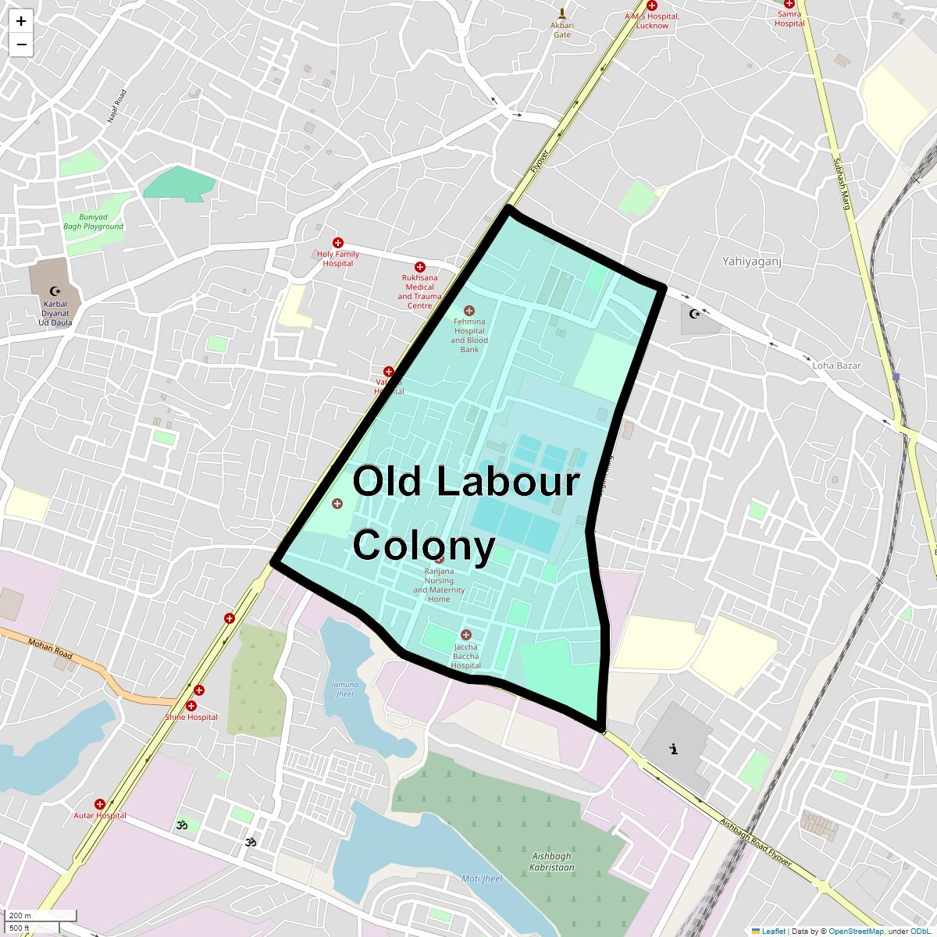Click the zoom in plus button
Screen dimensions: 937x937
coord(21,21)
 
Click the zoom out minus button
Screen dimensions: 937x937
coord(21,45)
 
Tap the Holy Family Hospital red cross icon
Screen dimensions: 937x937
coord(338,244)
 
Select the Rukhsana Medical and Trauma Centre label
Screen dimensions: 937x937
coord(419,291)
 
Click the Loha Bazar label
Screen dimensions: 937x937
coord(836,365)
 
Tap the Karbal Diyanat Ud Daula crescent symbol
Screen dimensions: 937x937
coord(55,290)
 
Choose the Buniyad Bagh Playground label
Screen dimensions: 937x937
coord(94,222)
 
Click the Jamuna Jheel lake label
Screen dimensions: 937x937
coord(344,689)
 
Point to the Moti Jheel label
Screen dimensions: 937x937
coord(482,878)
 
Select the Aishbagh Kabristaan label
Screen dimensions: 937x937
coord(551,862)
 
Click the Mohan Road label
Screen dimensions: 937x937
coord(51,649)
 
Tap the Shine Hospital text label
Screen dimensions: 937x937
coord(191,717)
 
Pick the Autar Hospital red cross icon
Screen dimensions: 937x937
coord(100,804)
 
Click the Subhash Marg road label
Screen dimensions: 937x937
coord(841,184)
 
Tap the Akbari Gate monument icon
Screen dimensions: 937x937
coord(562,13)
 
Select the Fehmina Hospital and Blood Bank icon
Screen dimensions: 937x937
coord(469,311)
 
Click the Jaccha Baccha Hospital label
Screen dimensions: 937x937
coord(466,656)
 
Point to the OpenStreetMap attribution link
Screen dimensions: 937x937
coord(856,931)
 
